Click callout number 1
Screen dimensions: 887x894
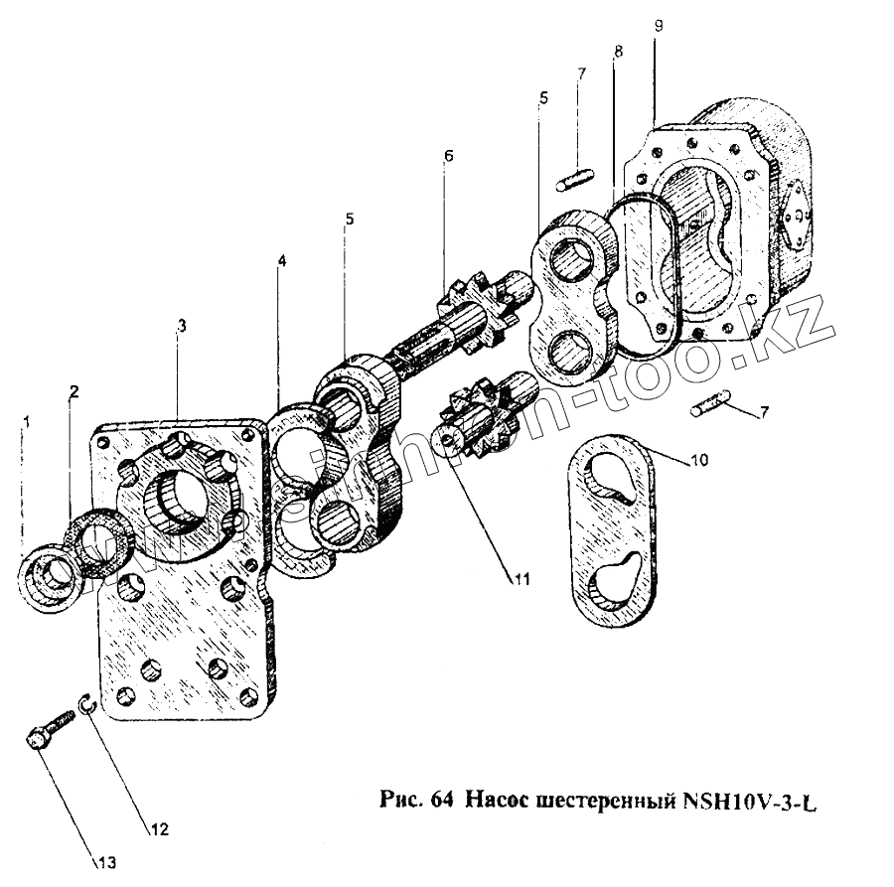pyautogui.click(x=28, y=423)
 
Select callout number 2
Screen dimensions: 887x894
pyautogui.click(x=73, y=391)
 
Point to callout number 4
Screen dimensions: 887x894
pyautogui.click(x=282, y=261)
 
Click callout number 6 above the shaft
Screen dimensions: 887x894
pyautogui.click(x=448, y=156)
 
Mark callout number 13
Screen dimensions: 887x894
pyautogui.click(x=107, y=861)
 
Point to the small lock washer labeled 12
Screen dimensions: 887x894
pyautogui.click(x=87, y=704)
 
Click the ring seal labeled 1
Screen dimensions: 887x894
pyautogui.click(x=47, y=573)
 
